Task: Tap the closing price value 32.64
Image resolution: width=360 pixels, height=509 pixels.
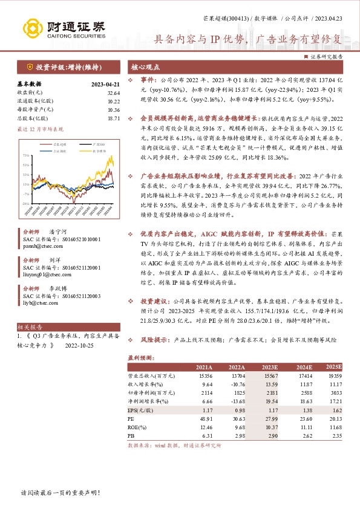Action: pyautogui.click(x=114, y=92)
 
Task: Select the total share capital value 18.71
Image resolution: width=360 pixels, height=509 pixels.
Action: pyautogui.click(x=114, y=118)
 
